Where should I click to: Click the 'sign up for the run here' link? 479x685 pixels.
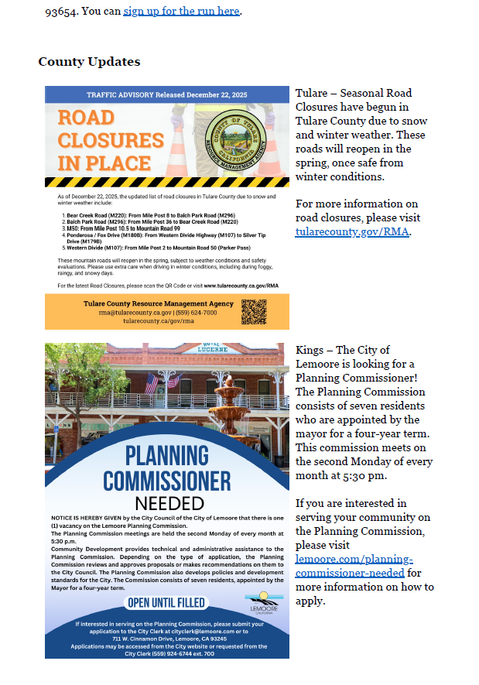[182, 11]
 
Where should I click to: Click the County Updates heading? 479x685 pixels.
[89, 62]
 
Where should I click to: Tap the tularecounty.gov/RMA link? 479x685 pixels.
[352, 231]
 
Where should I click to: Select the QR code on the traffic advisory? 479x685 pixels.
[254, 311]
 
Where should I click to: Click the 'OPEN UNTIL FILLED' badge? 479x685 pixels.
[166, 602]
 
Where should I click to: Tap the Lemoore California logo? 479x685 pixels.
[263, 600]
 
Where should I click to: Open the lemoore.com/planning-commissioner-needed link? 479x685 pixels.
[354, 566]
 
